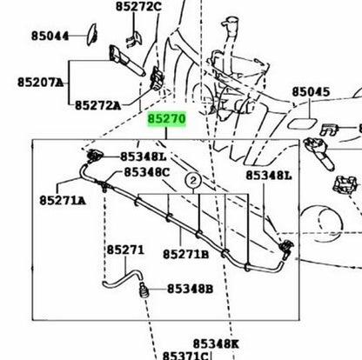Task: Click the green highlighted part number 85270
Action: pyautogui.click(x=166, y=119)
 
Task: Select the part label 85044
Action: pyautogui.click(x=50, y=37)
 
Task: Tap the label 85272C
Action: pyautogui.click(x=138, y=6)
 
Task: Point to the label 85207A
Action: pyautogui.click(x=40, y=83)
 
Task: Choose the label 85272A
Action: pyautogui.click(x=97, y=105)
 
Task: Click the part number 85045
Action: pyautogui.click(x=311, y=92)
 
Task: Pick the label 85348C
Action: pyautogui.click(x=147, y=172)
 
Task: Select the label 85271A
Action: pyautogui.click(x=63, y=200)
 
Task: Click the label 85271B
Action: pyautogui.click(x=185, y=255)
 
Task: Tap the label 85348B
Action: pyautogui.click(x=190, y=289)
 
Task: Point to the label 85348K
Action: pyautogui.click(x=216, y=344)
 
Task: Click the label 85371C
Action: pyautogui.click(x=185, y=356)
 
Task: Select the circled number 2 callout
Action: pyautogui.click(x=193, y=181)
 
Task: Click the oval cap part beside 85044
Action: pyautogui.click(x=92, y=35)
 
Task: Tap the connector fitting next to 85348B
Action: pyautogui.click(x=144, y=290)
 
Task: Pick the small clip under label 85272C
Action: pyautogui.click(x=133, y=39)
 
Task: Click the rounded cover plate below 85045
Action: pyautogui.click(x=301, y=123)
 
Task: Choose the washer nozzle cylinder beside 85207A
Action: pyautogui.click(x=126, y=61)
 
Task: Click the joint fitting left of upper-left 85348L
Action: pyautogui.click(x=95, y=157)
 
